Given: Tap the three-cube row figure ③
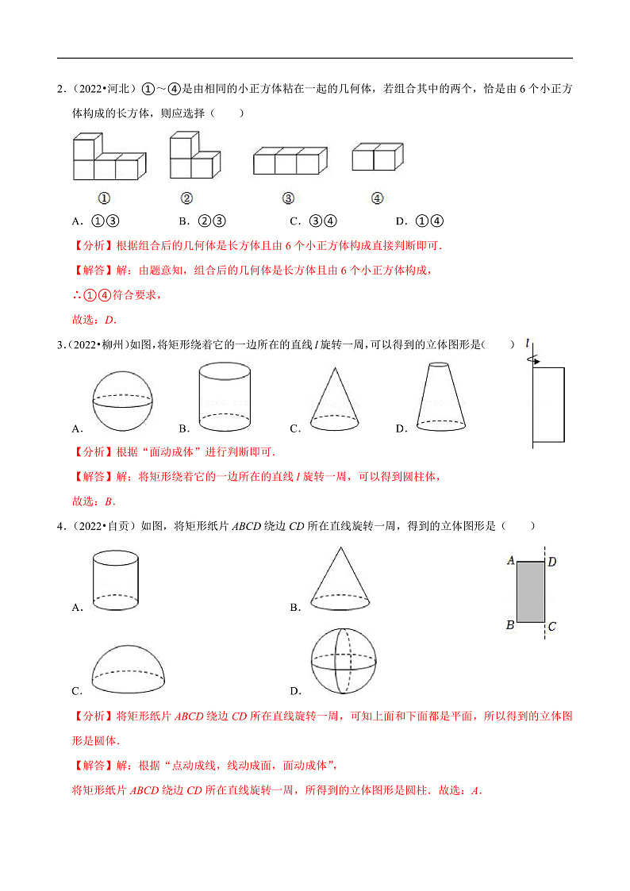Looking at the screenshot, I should point(290,160).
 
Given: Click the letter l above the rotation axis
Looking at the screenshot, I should point(527,343).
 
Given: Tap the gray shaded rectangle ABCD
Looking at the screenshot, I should point(531,591).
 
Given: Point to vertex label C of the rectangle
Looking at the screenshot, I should point(551,627).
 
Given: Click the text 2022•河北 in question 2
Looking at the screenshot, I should point(107,88).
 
